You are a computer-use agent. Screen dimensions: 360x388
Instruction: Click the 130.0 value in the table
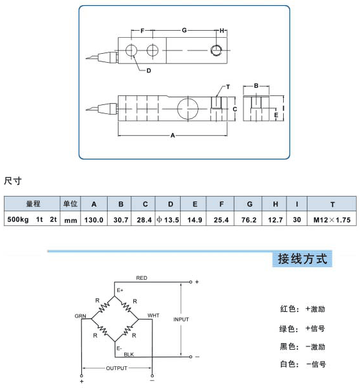pos(94,220)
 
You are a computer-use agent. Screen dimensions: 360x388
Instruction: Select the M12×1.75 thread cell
pos(332,220)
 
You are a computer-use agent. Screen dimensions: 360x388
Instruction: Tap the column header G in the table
pos(250,204)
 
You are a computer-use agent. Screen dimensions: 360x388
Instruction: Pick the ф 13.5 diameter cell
pos(168,220)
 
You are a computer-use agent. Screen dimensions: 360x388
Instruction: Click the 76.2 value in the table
pos(249,220)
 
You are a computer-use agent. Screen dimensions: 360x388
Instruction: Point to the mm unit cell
pos(70,220)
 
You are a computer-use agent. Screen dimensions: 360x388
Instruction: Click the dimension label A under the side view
pos(172,135)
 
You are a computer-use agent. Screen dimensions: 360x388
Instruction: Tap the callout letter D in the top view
pos(149,71)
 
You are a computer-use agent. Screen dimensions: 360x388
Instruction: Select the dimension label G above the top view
pos(184,30)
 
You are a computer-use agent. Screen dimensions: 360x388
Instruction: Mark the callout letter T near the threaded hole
pos(228,87)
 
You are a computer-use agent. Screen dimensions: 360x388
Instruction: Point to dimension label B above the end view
pos(256,86)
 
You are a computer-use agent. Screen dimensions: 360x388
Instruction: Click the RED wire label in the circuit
pos(142,278)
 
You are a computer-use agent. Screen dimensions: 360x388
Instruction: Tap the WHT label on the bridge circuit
pos(153,316)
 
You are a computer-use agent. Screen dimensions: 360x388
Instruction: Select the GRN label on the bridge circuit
pos(80,316)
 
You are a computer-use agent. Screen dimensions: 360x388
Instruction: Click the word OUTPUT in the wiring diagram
pos(117,368)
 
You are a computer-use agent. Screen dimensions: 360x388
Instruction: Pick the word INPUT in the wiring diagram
pos(181,319)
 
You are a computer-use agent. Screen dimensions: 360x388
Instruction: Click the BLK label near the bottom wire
pos(129,354)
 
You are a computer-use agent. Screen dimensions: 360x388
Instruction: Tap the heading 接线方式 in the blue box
pos(302,259)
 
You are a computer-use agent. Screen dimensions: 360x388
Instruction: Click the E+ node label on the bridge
pos(120,290)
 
